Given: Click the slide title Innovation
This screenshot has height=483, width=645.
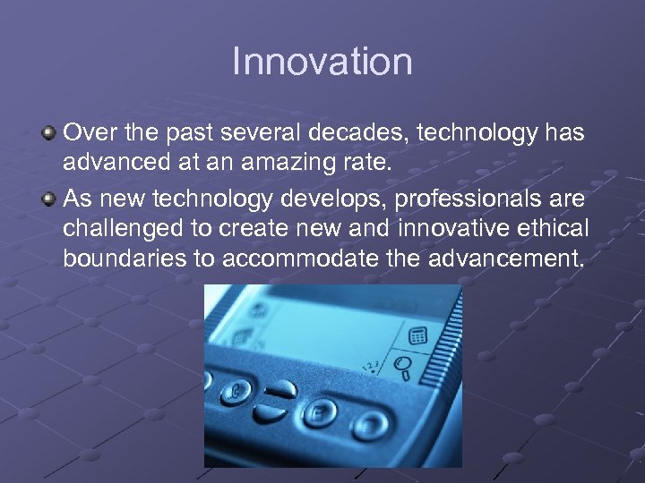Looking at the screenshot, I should pos(322,63).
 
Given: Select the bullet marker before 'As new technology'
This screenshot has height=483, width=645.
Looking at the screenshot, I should pos(49,197).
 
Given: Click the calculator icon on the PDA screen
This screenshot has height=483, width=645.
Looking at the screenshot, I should pos(417,336).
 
